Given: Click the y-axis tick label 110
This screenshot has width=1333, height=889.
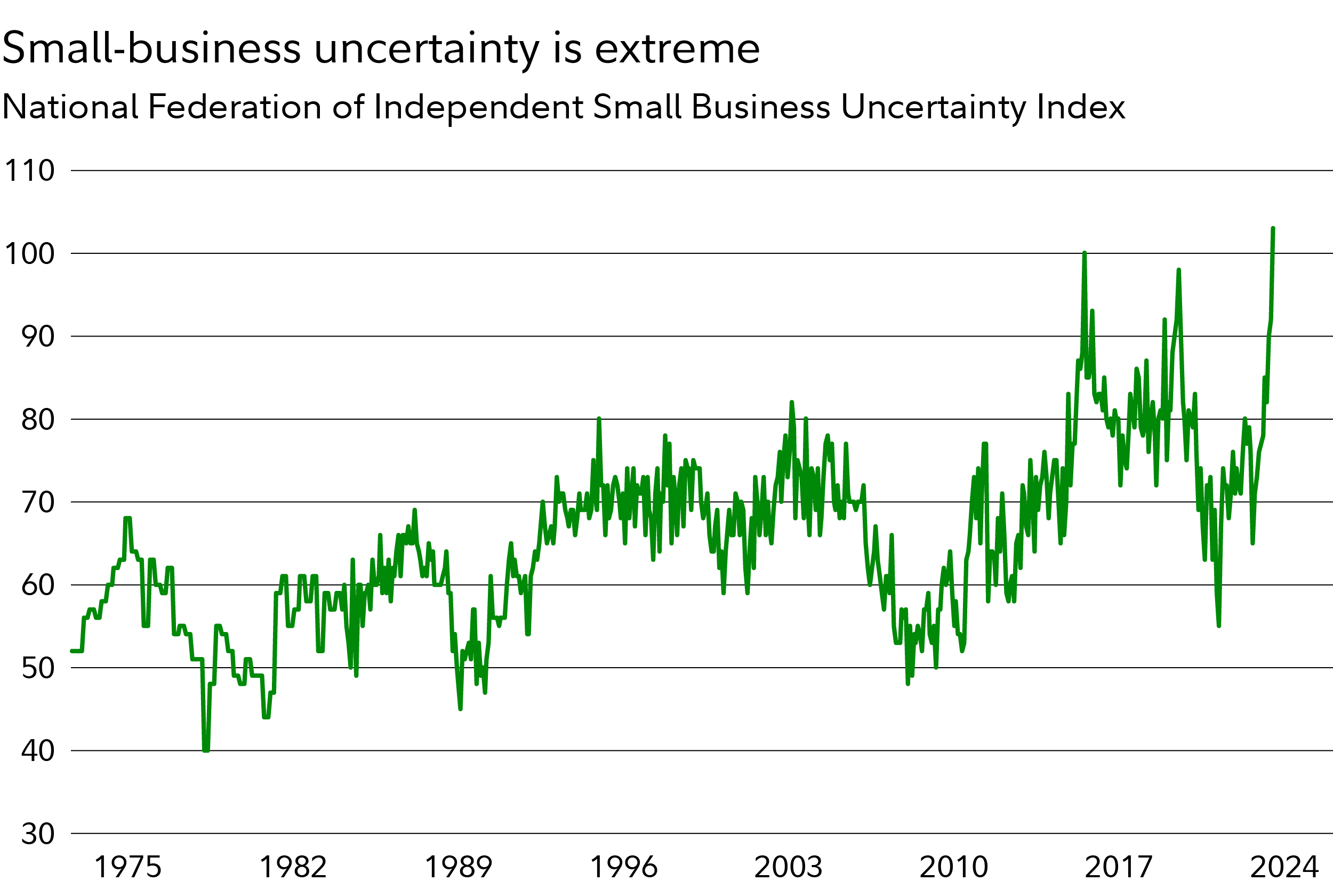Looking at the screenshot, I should [29, 171].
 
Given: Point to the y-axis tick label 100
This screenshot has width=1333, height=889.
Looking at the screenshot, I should [29, 253].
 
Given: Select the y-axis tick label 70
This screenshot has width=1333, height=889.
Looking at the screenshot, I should [38, 502].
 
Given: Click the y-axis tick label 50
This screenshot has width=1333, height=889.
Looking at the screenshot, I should [38, 668].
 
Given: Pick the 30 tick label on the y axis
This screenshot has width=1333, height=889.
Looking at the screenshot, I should [38, 834].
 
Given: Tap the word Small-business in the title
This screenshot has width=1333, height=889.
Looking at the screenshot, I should [151, 49].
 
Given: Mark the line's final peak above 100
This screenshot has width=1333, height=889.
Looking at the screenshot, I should [1273, 228].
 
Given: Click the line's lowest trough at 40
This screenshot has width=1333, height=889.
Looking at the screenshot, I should [206, 750].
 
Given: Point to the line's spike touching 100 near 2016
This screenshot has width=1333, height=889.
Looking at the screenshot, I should [1084, 253].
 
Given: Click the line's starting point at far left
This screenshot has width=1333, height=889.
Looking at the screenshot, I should [72, 651].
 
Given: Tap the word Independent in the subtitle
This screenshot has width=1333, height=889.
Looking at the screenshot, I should [479, 108].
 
